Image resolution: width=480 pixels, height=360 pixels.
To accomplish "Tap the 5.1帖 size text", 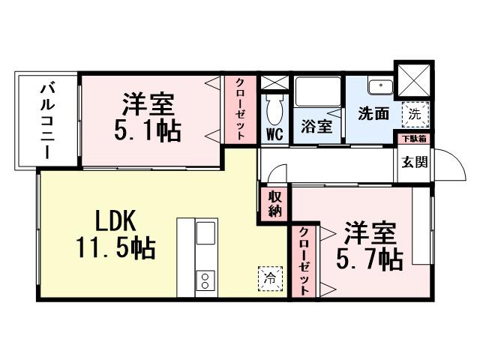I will pyautogui.click(x=147, y=130).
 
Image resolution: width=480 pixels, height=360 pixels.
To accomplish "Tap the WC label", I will pyautogui.click(x=274, y=136).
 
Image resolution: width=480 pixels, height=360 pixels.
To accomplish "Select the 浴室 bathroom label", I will pyautogui.click(x=316, y=126).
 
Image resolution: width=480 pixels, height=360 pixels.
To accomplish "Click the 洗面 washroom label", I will pyautogui.click(x=373, y=115).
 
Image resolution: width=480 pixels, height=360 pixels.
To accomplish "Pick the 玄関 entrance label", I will pyautogui.click(x=412, y=160).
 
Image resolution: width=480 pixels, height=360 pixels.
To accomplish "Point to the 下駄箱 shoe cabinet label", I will pyautogui.click(x=412, y=139).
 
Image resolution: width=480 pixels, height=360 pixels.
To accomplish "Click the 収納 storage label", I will pyautogui.click(x=275, y=203).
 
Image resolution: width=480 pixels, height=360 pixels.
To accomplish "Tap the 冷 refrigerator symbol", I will pyautogui.click(x=270, y=277).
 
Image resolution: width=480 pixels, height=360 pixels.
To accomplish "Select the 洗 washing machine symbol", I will pyautogui.click(x=413, y=114).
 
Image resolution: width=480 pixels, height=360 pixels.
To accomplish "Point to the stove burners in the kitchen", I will pyautogui.click(x=205, y=281).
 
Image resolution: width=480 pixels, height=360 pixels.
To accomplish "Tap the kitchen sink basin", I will pyautogui.click(x=205, y=235).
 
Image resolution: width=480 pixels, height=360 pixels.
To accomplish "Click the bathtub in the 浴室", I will pyautogui.click(x=316, y=91).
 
